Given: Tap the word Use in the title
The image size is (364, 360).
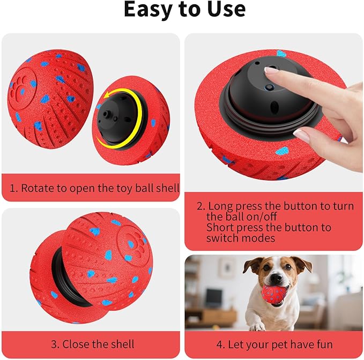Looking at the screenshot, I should click(223, 10).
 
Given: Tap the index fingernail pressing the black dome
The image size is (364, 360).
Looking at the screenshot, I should click(271, 70).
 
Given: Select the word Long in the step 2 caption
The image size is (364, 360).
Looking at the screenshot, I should click(220, 206).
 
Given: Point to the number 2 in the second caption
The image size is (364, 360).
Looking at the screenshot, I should click(200, 206).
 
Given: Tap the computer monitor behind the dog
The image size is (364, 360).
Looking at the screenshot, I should click(213, 297).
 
